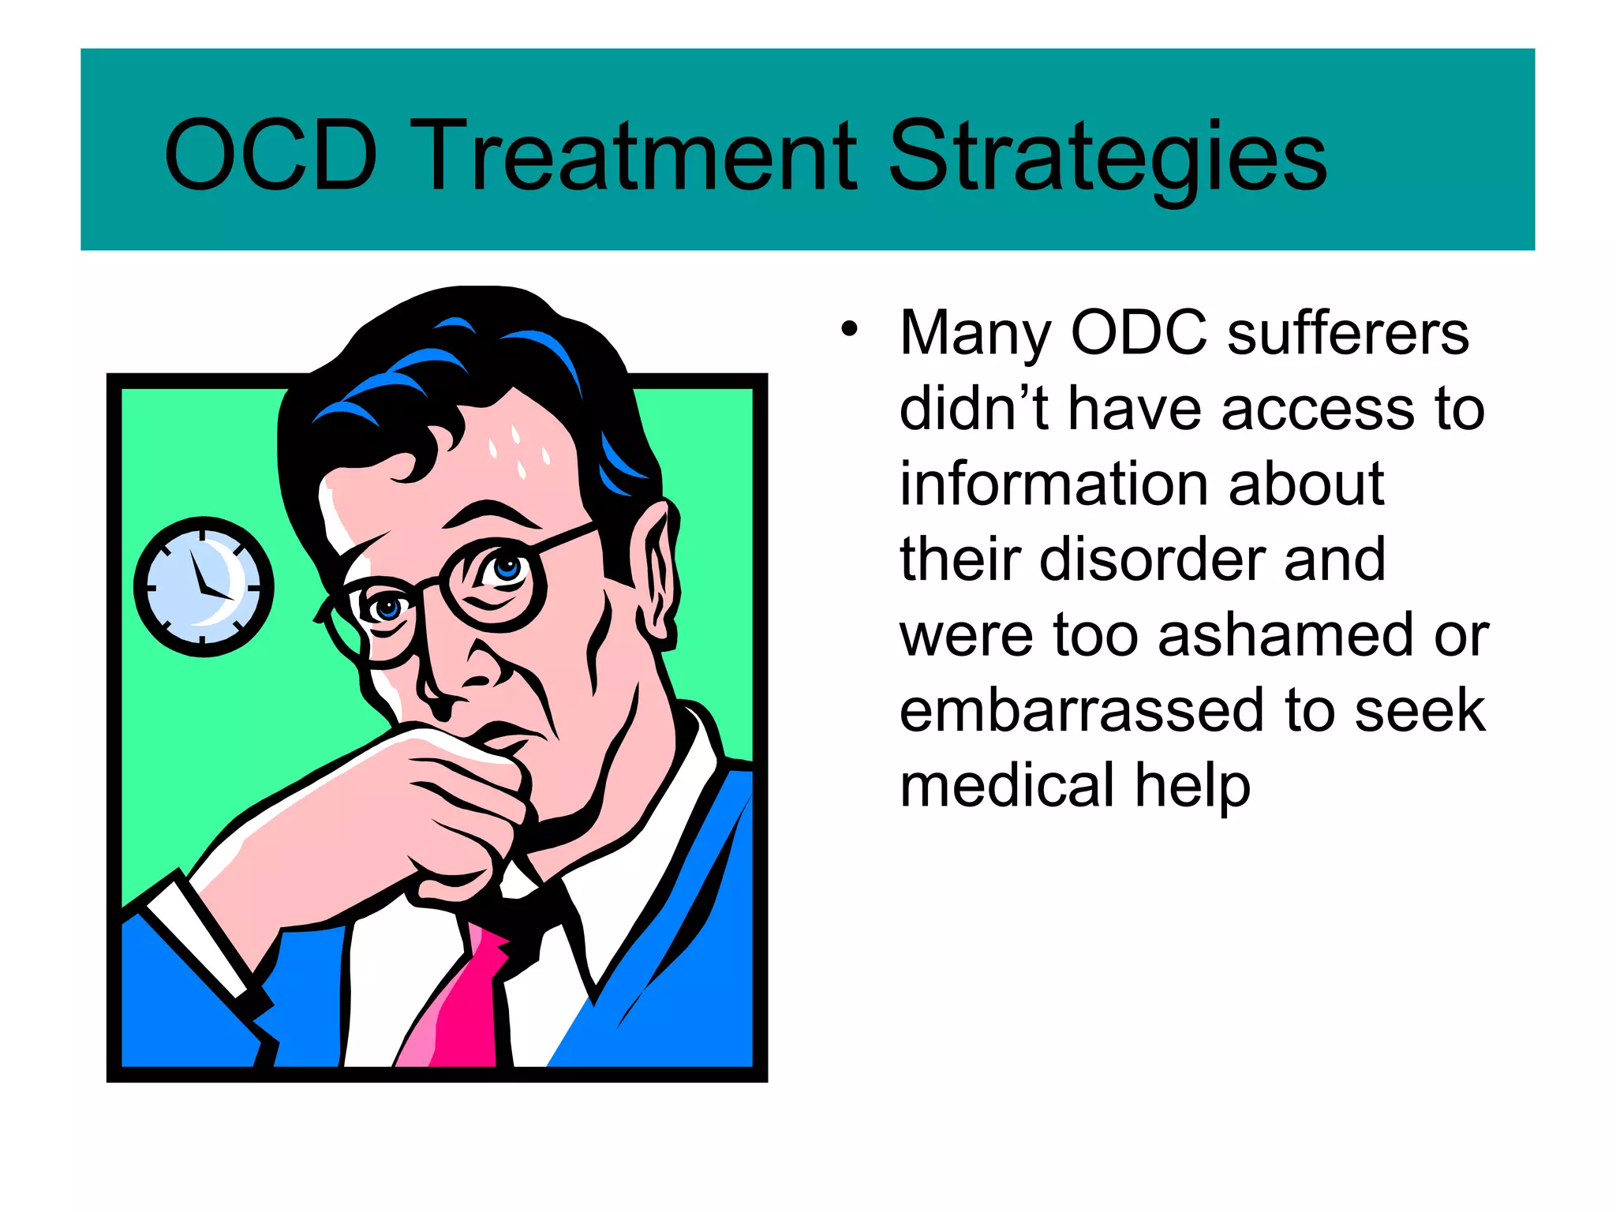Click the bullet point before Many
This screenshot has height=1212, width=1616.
(x=848, y=330)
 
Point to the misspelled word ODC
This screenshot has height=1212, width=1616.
(x=1139, y=333)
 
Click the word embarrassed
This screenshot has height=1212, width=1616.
(x=1081, y=710)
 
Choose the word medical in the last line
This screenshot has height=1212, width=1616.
(x=1007, y=786)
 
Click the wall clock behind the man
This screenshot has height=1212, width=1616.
(x=204, y=586)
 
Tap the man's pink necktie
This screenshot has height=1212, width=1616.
(x=462, y=1002)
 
